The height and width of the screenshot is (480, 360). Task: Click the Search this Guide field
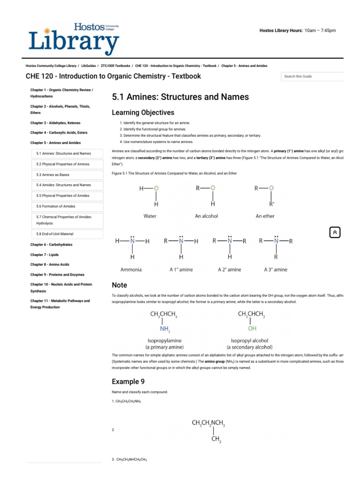tap(312, 76)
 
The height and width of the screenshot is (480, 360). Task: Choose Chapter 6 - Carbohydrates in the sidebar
tap(52, 245)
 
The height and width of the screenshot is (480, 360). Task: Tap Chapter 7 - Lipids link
tap(45, 255)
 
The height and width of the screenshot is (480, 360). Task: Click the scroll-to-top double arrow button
tap(335, 232)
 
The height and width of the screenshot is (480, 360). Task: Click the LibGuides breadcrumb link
tap(89, 66)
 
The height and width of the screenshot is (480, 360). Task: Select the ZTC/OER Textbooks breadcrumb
tap(116, 66)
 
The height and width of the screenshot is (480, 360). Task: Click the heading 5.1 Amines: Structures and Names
tap(180, 97)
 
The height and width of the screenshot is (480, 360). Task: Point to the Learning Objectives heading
tap(143, 112)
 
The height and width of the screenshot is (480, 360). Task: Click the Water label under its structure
tap(150, 216)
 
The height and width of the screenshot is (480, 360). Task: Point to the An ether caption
tap(265, 216)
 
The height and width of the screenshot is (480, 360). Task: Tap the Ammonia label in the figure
tap(131, 270)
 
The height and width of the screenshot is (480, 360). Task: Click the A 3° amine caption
tap(276, 270)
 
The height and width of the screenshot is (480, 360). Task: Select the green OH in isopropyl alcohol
tap(252, 329)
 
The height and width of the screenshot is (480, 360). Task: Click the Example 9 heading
tap(125, 382)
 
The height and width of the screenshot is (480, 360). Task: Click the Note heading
tap(120, 285)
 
